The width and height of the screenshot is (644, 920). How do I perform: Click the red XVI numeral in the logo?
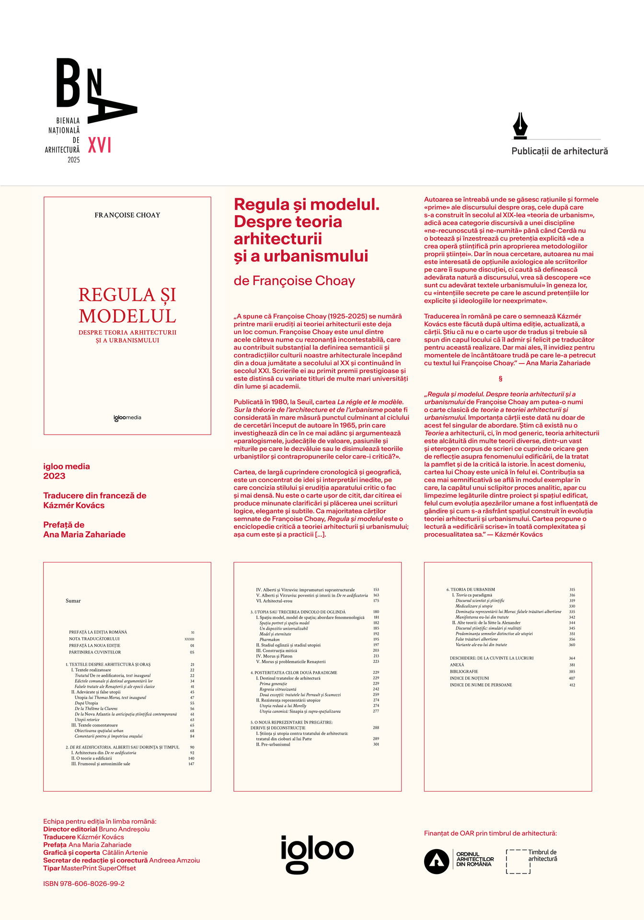tap(100, 145)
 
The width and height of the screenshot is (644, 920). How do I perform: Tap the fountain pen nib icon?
tap(520, 126)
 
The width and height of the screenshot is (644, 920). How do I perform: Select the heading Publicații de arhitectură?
tap(559, 151)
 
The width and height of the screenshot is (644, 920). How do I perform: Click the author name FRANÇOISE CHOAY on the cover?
tap(127, 215)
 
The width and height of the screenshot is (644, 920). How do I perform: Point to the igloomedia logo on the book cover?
tap(127, 417)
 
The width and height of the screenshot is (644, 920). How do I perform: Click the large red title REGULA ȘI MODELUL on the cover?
tap(127, 305)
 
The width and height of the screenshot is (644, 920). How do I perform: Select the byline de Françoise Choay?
tap(294, 281)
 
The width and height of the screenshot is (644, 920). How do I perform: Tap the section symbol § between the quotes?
tap(501, 379)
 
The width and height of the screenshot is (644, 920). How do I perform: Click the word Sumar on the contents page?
tap(73, 601)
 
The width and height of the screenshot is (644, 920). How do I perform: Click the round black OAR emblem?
tap(436, 861)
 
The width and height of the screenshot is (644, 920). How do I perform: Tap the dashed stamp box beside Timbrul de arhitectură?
tap(518, 861)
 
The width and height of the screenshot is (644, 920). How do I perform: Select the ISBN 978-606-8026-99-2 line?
tap(84, 884)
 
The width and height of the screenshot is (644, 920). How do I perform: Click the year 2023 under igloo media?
tap(54, 476)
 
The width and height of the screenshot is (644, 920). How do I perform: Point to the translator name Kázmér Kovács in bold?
tap(74, 505)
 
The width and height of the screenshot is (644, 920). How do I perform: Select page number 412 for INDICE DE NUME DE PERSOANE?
tap(572, 685)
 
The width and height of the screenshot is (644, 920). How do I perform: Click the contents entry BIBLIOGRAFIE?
tap(463, 671)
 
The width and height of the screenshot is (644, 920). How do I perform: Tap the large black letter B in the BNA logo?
tap(69, 82)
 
